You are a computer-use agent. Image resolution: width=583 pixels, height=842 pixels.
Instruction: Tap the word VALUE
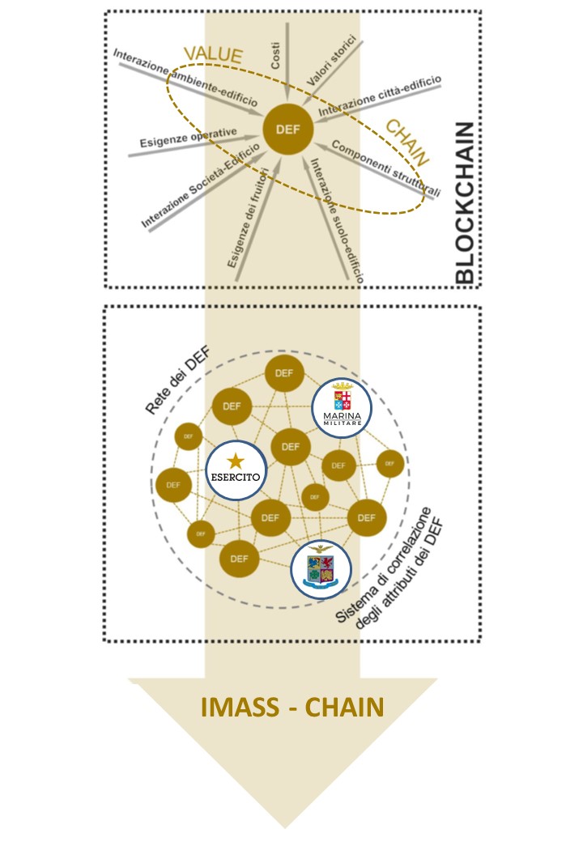click(213, 55)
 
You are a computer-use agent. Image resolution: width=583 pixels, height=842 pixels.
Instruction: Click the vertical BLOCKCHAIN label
click(465, 203)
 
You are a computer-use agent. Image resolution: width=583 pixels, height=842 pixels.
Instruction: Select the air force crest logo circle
click(321, 569)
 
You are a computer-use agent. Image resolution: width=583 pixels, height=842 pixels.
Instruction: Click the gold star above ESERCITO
click(235, 461)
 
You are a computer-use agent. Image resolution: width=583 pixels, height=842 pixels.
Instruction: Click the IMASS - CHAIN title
click(291, 707)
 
